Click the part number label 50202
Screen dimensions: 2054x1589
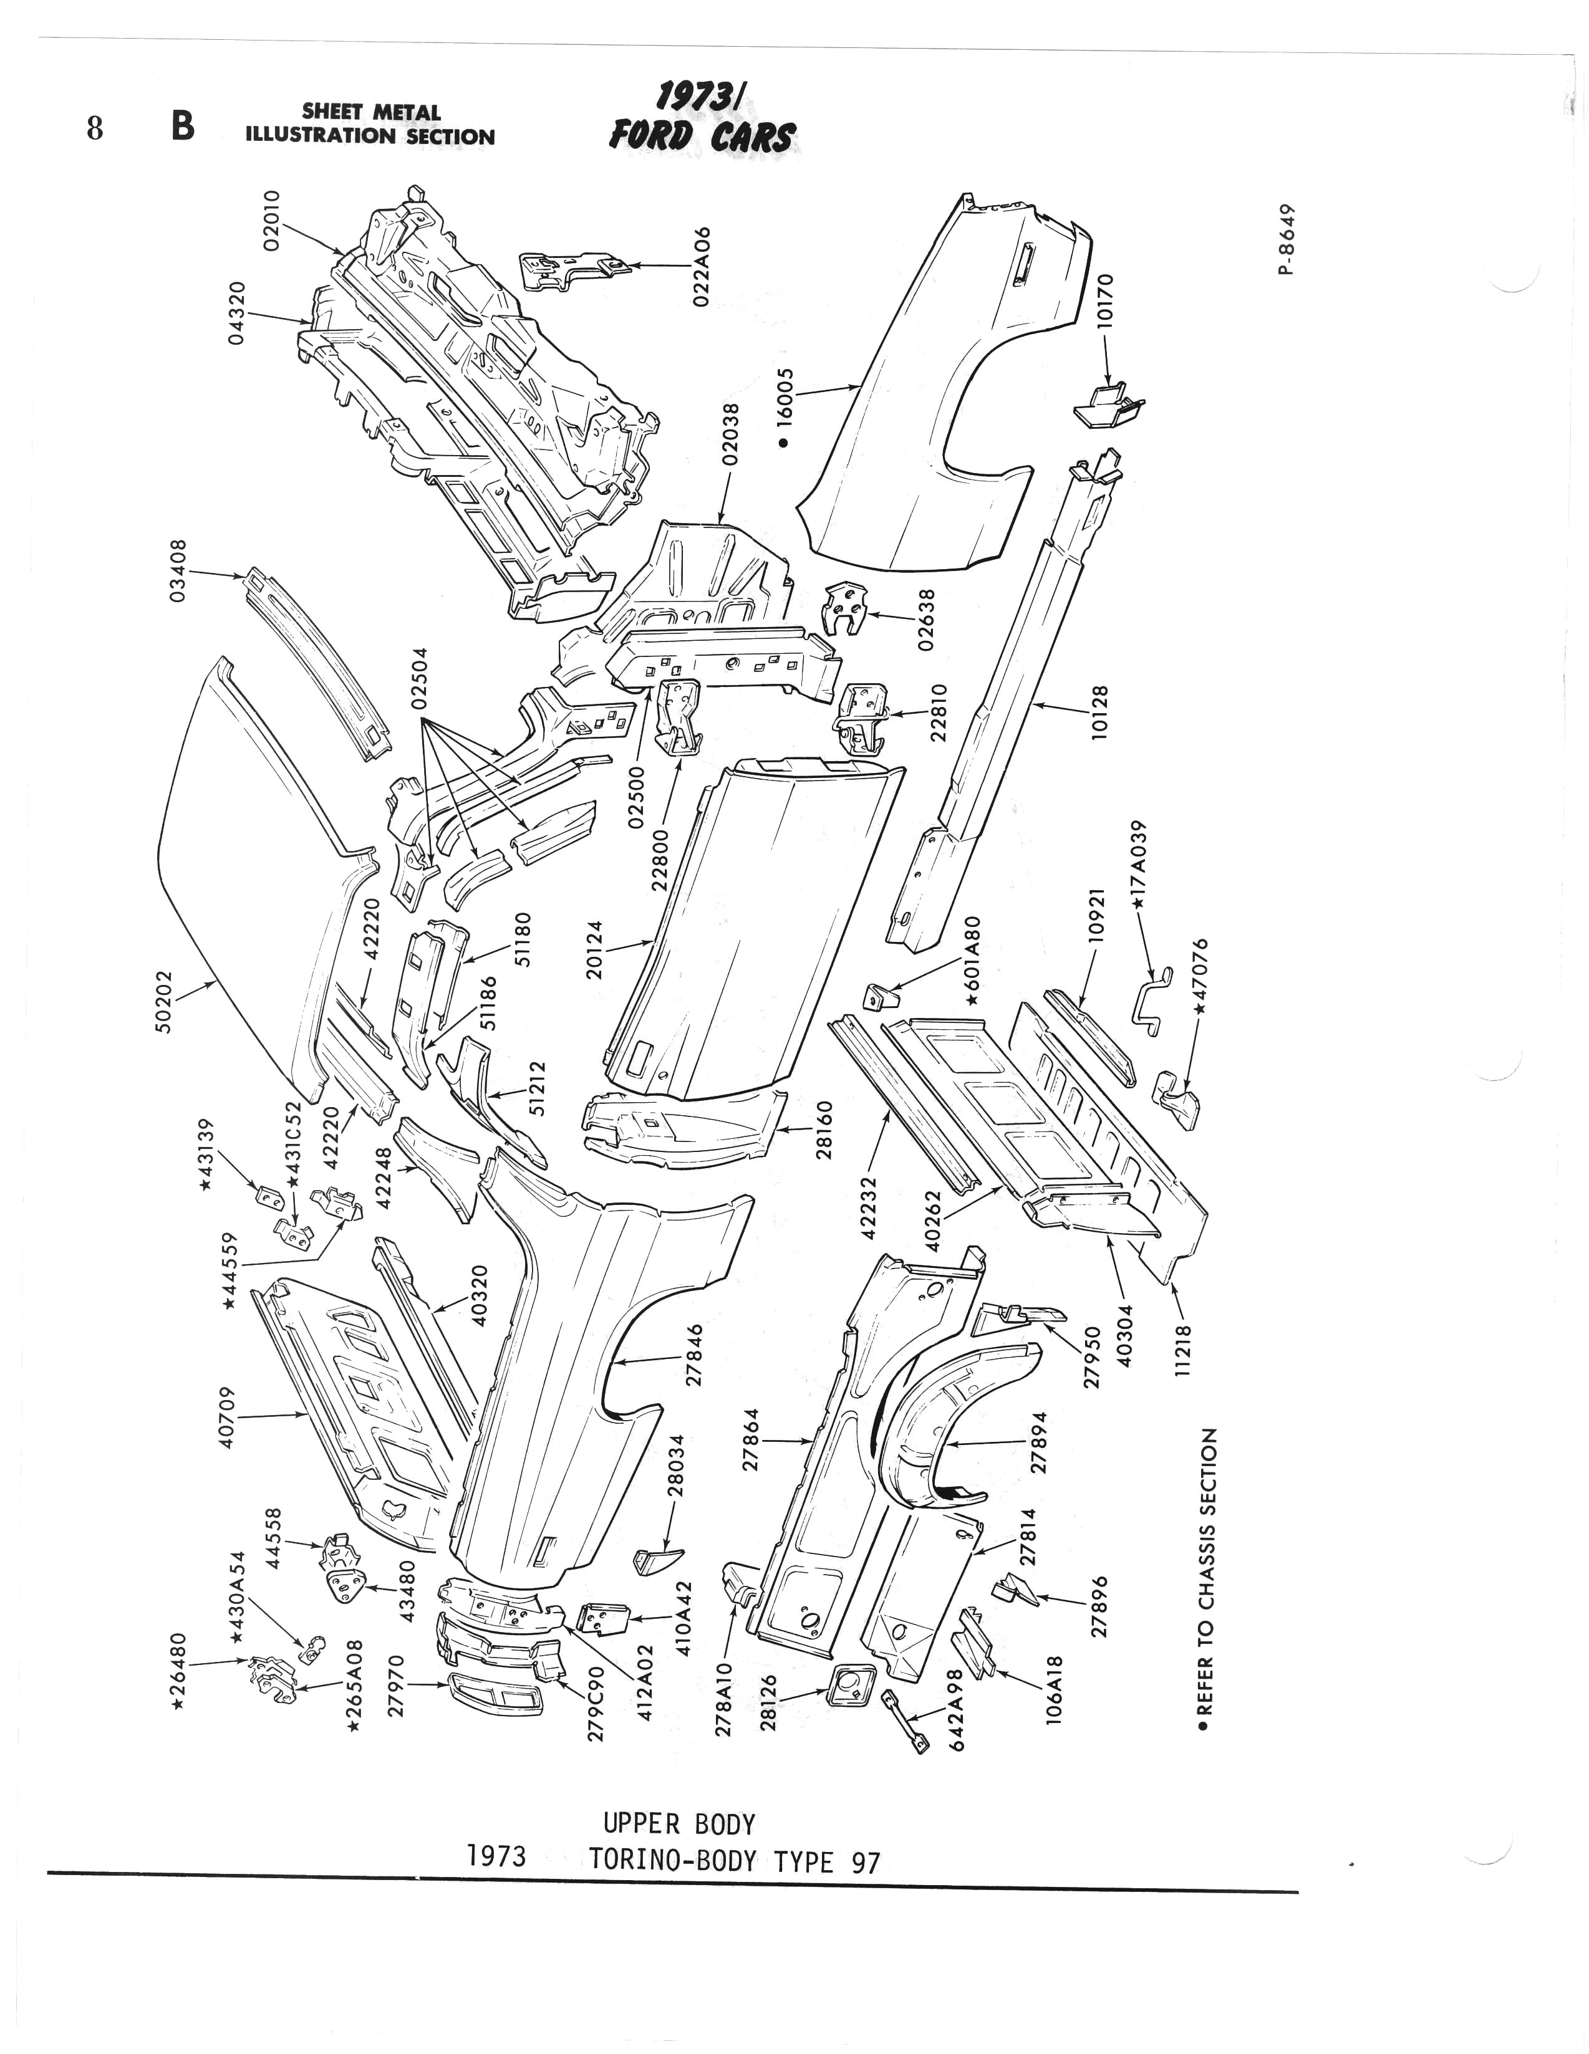166,1002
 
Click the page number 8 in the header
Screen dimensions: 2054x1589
94,127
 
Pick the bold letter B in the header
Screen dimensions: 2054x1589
183,125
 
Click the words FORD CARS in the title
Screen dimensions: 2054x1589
702,137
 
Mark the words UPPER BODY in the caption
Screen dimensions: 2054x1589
679,1825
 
